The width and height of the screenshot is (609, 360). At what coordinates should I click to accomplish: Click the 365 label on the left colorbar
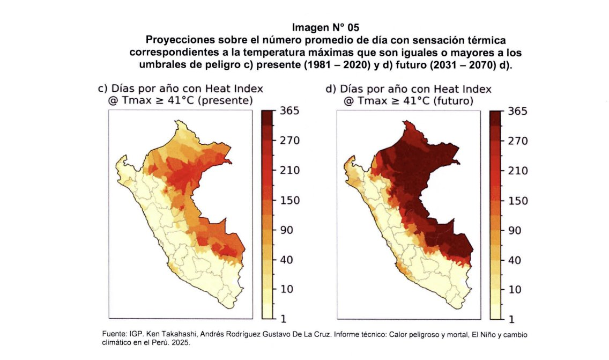coord(290,111)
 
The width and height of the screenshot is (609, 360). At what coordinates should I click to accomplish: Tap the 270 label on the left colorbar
coord(290,141)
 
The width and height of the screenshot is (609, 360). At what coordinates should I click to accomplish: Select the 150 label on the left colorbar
coord(290,200)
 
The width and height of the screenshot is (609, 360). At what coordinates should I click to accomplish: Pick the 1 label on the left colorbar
coord(283,319)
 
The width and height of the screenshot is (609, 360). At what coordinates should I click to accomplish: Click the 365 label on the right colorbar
coord(518,111)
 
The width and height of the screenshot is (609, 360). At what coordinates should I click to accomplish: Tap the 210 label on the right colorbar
coord(518,171)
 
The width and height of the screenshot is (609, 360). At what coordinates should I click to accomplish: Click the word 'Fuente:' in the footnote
coord(115,334)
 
